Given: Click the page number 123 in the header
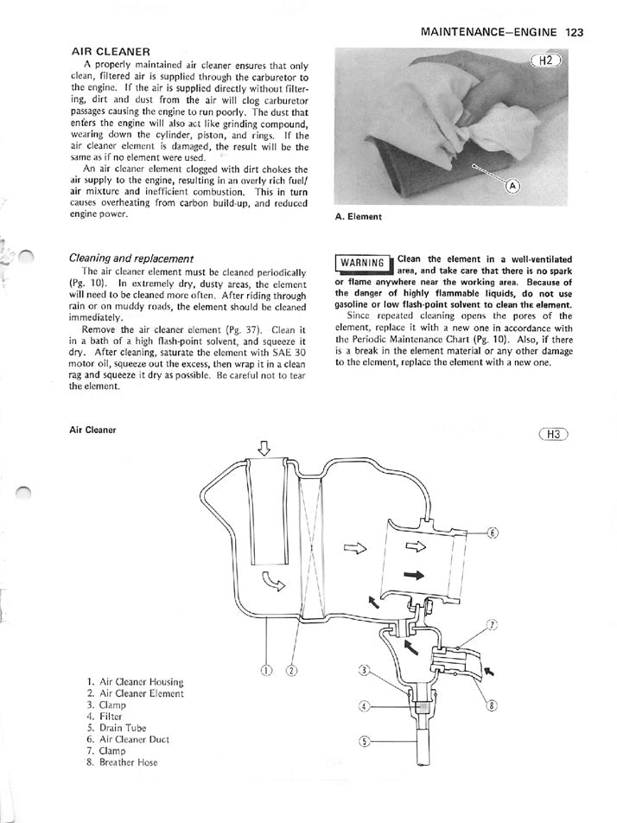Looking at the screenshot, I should coord(575,32).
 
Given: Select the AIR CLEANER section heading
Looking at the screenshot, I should coord(111,52).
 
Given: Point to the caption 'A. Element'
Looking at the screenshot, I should coord(358,217).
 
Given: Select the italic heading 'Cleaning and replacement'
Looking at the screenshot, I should coord(130,258).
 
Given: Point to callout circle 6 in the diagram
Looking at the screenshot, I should coord(493,533).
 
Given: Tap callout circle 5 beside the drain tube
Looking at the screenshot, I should coord(364,741).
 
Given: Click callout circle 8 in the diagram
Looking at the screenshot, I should coord(492,705).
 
